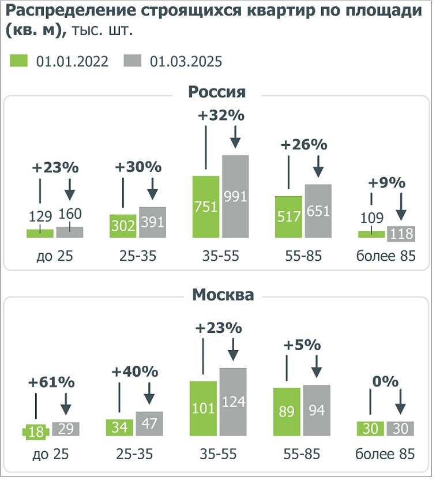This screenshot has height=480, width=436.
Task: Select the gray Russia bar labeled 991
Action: (235, 196)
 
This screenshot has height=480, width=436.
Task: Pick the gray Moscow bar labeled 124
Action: (232, 402)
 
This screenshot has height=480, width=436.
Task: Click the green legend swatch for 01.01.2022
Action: (20, 61)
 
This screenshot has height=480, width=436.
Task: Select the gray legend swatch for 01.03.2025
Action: (133, 61)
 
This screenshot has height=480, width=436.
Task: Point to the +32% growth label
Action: (221, 115)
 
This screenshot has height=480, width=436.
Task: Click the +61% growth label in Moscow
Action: (52, 382)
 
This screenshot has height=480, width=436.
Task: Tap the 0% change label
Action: (385, 381)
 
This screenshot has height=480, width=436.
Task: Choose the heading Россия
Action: (217, 92)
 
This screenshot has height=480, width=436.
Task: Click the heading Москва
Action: (223, 295)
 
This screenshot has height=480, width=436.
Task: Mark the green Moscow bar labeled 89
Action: (287, 411)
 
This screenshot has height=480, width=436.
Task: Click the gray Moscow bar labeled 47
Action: (149, 423)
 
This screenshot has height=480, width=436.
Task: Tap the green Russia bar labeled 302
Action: (123, 226)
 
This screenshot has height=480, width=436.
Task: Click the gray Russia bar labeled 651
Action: (318, 211)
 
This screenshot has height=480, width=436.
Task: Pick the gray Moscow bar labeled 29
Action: (66, 429)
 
